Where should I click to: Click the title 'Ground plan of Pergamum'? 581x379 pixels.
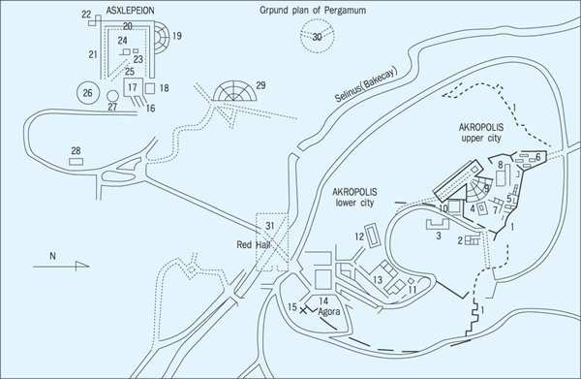tap(313, 11)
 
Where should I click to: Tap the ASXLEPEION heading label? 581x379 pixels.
tap(130, 11)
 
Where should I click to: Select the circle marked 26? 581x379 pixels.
tap(88, 93)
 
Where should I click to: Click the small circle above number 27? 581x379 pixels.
tap(112, 96)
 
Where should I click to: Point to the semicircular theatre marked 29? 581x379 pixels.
tap(234, 91)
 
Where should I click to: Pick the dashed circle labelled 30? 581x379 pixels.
tap(318, 36)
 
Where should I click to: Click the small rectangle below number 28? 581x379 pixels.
tap(76, 162)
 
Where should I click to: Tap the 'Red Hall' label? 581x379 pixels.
tap(254, 245)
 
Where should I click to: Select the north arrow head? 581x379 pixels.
tap(82, 266)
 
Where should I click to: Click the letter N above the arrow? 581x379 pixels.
tap(52, 256)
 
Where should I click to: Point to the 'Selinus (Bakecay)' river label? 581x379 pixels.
tap(366, 85)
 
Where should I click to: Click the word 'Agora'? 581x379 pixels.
tap(329, 312)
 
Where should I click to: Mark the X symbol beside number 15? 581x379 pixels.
tap(303, 310)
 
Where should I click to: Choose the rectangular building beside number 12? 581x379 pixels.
tap(373, 236)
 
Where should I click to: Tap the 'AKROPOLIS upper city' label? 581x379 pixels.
tap(481, 133)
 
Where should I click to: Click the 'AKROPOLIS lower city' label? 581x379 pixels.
tap(354, 198)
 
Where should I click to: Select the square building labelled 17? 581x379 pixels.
tap(133, 87)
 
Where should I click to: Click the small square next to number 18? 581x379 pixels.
tap(150, 88)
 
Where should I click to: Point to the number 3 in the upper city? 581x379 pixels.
tap(439, 236)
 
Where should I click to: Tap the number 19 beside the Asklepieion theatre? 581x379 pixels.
tap(177, 36)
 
